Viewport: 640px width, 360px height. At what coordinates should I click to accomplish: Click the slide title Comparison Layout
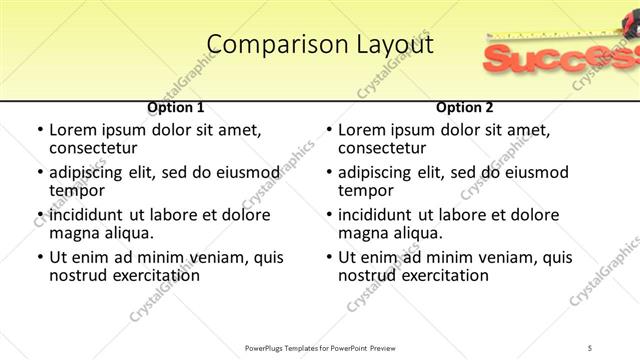(320, 45)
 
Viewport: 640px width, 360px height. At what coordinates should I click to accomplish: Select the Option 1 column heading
(176, 107)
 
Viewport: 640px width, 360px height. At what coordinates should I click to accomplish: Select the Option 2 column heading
(465, 107)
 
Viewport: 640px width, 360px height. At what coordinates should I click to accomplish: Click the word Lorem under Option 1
(75, 130)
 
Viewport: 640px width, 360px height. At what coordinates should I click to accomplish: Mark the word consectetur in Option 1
(98, 148)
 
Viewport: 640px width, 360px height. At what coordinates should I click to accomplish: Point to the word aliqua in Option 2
(416, 233)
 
